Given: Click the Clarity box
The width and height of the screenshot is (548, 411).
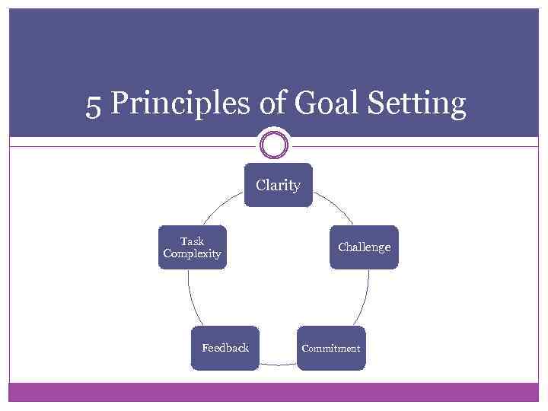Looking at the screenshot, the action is pos(278,185).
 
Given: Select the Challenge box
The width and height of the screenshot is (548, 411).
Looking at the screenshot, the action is pos(364,247).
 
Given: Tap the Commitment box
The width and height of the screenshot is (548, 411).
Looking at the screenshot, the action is pos(331,348).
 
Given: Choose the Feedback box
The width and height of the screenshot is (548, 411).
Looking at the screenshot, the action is pos(225,348).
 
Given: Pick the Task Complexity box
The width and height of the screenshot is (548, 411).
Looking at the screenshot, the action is pos(193,247).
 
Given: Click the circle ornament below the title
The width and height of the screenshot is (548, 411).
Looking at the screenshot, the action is pos(274,145).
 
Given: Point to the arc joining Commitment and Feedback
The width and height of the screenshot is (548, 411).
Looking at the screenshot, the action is pos(278,365).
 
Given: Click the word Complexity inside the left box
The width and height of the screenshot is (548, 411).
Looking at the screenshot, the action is pos(193,253).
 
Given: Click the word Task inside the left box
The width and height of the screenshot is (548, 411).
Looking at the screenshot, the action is pos(192,241).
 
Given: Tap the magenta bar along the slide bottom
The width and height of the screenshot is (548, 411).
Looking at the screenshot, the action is pos(274,391).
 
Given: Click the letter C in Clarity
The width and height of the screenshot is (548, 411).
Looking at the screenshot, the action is pos(261,185).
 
